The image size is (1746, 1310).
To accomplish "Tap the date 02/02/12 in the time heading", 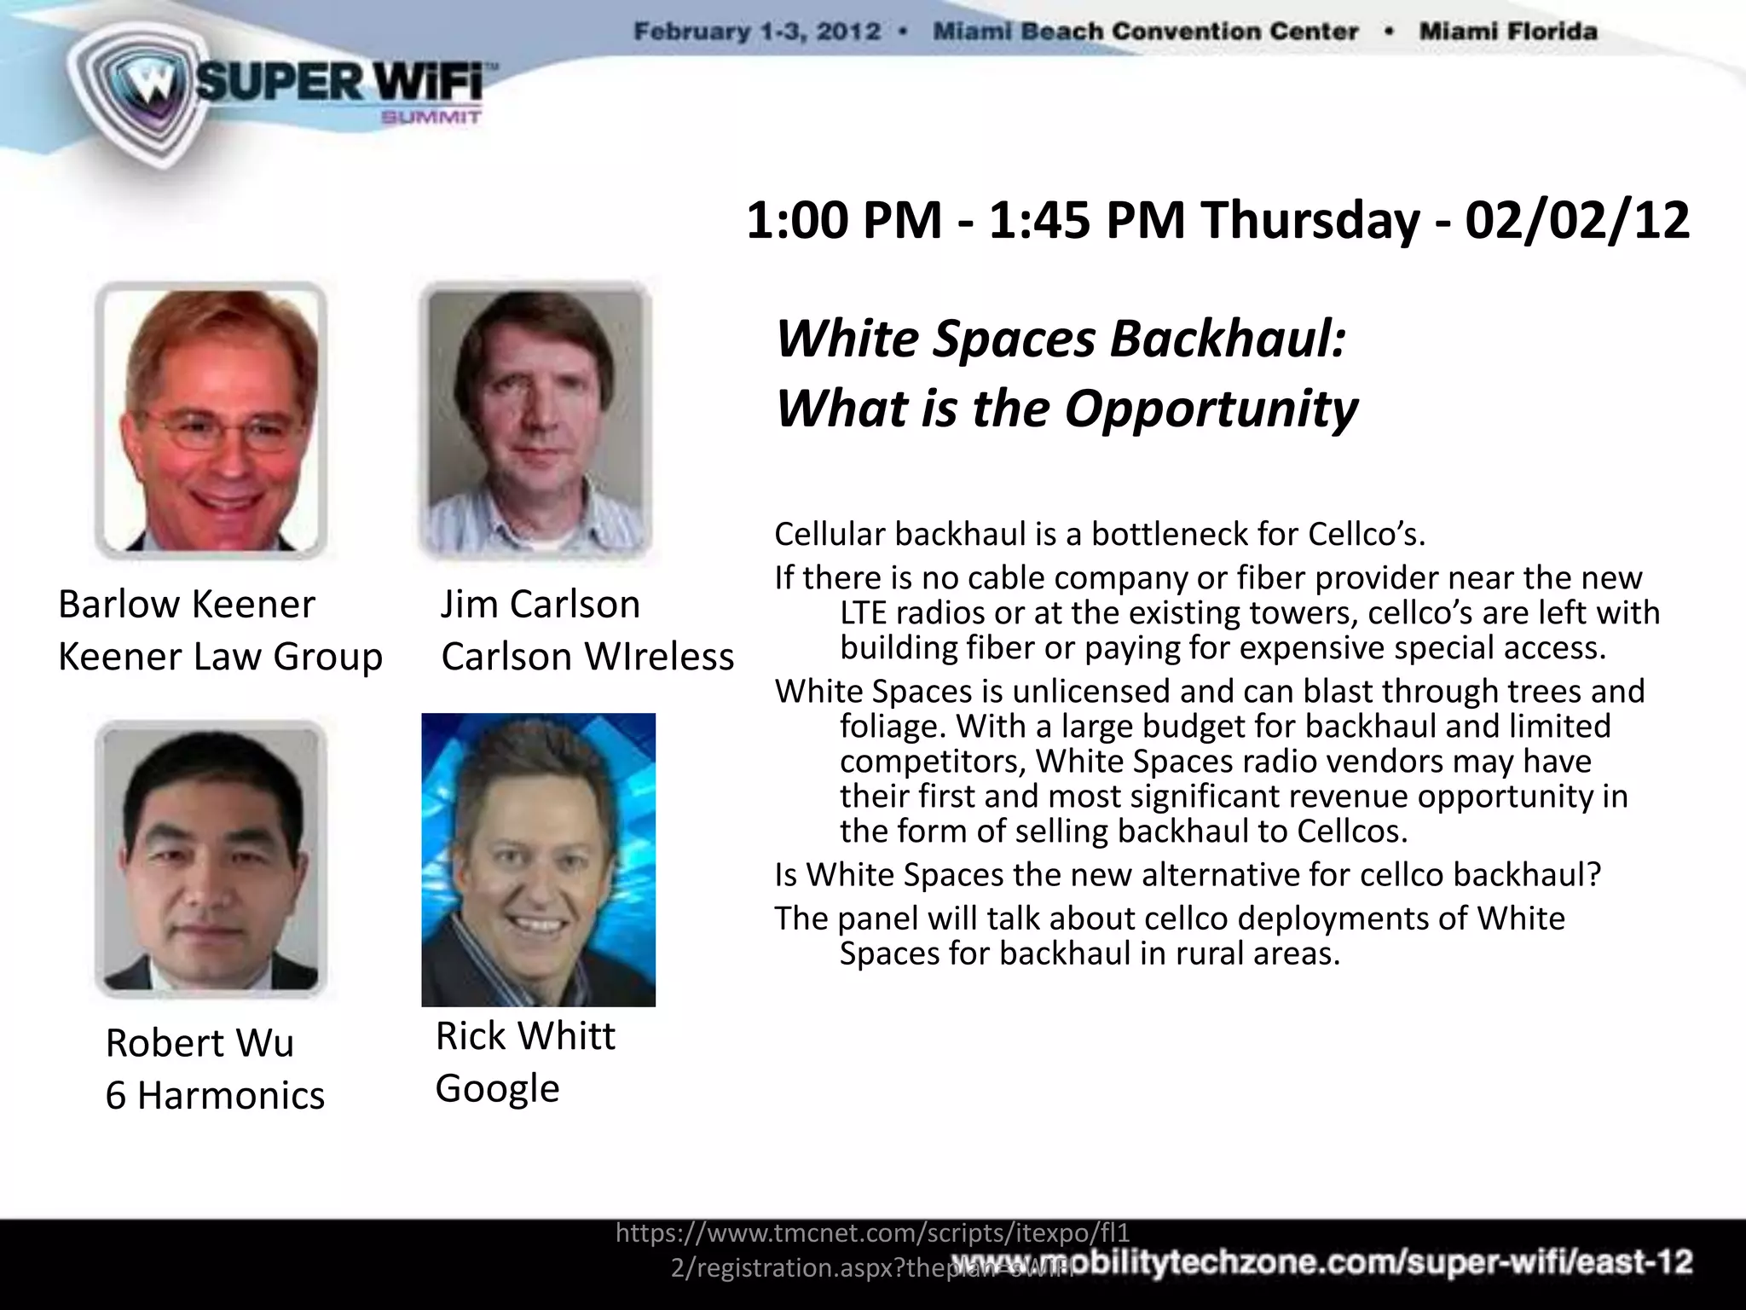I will click(1576, 220).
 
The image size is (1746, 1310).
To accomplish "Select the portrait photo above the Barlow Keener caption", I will click(211, 420).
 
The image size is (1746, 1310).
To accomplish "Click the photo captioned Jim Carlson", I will click(535, 420).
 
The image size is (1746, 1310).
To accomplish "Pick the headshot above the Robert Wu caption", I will click(211, 859).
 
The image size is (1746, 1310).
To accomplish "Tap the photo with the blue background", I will click(538, 859).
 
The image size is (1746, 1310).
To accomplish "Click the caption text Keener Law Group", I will click(220, 657).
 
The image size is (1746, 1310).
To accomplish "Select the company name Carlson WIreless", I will click(587, 657).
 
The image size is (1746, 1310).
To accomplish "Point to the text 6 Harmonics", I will click(215, 1095).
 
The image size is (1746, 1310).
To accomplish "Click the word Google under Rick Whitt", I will click(497, 1088).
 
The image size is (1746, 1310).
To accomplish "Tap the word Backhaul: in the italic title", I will click(1228, 339).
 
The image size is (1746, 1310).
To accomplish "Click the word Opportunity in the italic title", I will click(1211, 409).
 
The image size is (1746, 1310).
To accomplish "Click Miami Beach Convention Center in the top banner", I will click(1145, 32).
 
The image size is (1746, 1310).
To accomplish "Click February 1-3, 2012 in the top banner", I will click(757, 32).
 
